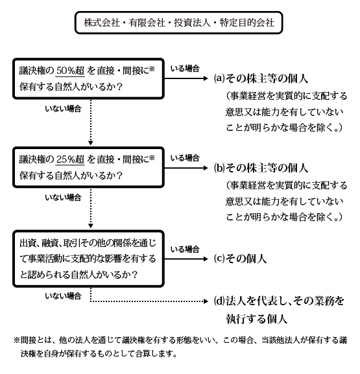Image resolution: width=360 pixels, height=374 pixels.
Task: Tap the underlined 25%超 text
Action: [x=70, y=158]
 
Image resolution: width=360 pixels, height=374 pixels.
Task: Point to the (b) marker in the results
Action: [x=219, y=166]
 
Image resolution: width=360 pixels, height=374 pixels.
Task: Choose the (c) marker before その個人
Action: [x=219, y=258]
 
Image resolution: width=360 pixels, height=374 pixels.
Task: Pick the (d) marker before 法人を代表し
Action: [x=219, y=301]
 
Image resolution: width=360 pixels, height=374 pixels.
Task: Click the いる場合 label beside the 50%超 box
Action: [x=184, y=68]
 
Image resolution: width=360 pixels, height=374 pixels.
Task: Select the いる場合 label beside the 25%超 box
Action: [x=184, y=158]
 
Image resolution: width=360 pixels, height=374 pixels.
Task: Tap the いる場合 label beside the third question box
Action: [x=184, y=249]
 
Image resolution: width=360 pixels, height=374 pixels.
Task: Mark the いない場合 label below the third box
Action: [x=64, y=296]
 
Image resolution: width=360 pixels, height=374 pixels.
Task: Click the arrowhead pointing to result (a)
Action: [x=208, y=78]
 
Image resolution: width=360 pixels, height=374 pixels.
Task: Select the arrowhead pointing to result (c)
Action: [x=208, y=258]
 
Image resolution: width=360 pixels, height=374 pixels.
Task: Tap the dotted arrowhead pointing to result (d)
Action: [x=208, y=301]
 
